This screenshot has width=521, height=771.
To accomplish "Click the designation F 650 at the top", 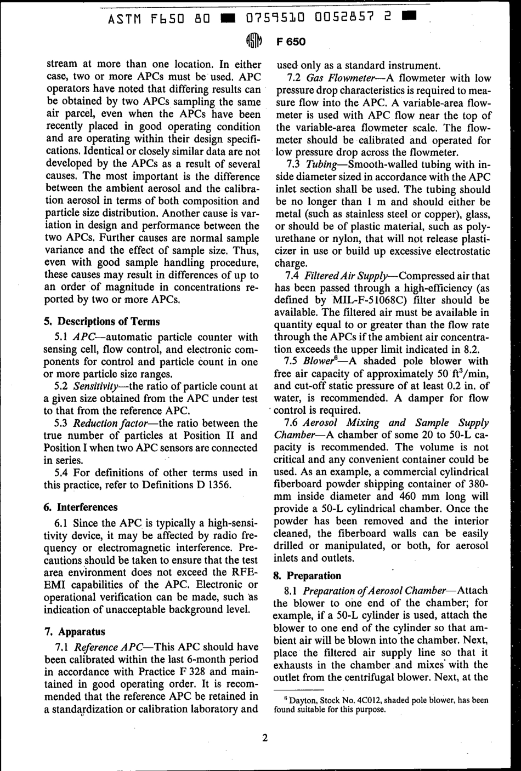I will (291, 42).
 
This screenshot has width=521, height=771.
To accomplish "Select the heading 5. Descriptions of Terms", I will (101, 322).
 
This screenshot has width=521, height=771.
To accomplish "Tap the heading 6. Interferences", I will (81, 507).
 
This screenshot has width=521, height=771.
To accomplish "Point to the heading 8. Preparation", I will (307, 575).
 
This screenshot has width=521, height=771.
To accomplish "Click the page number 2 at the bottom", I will (264, 738).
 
